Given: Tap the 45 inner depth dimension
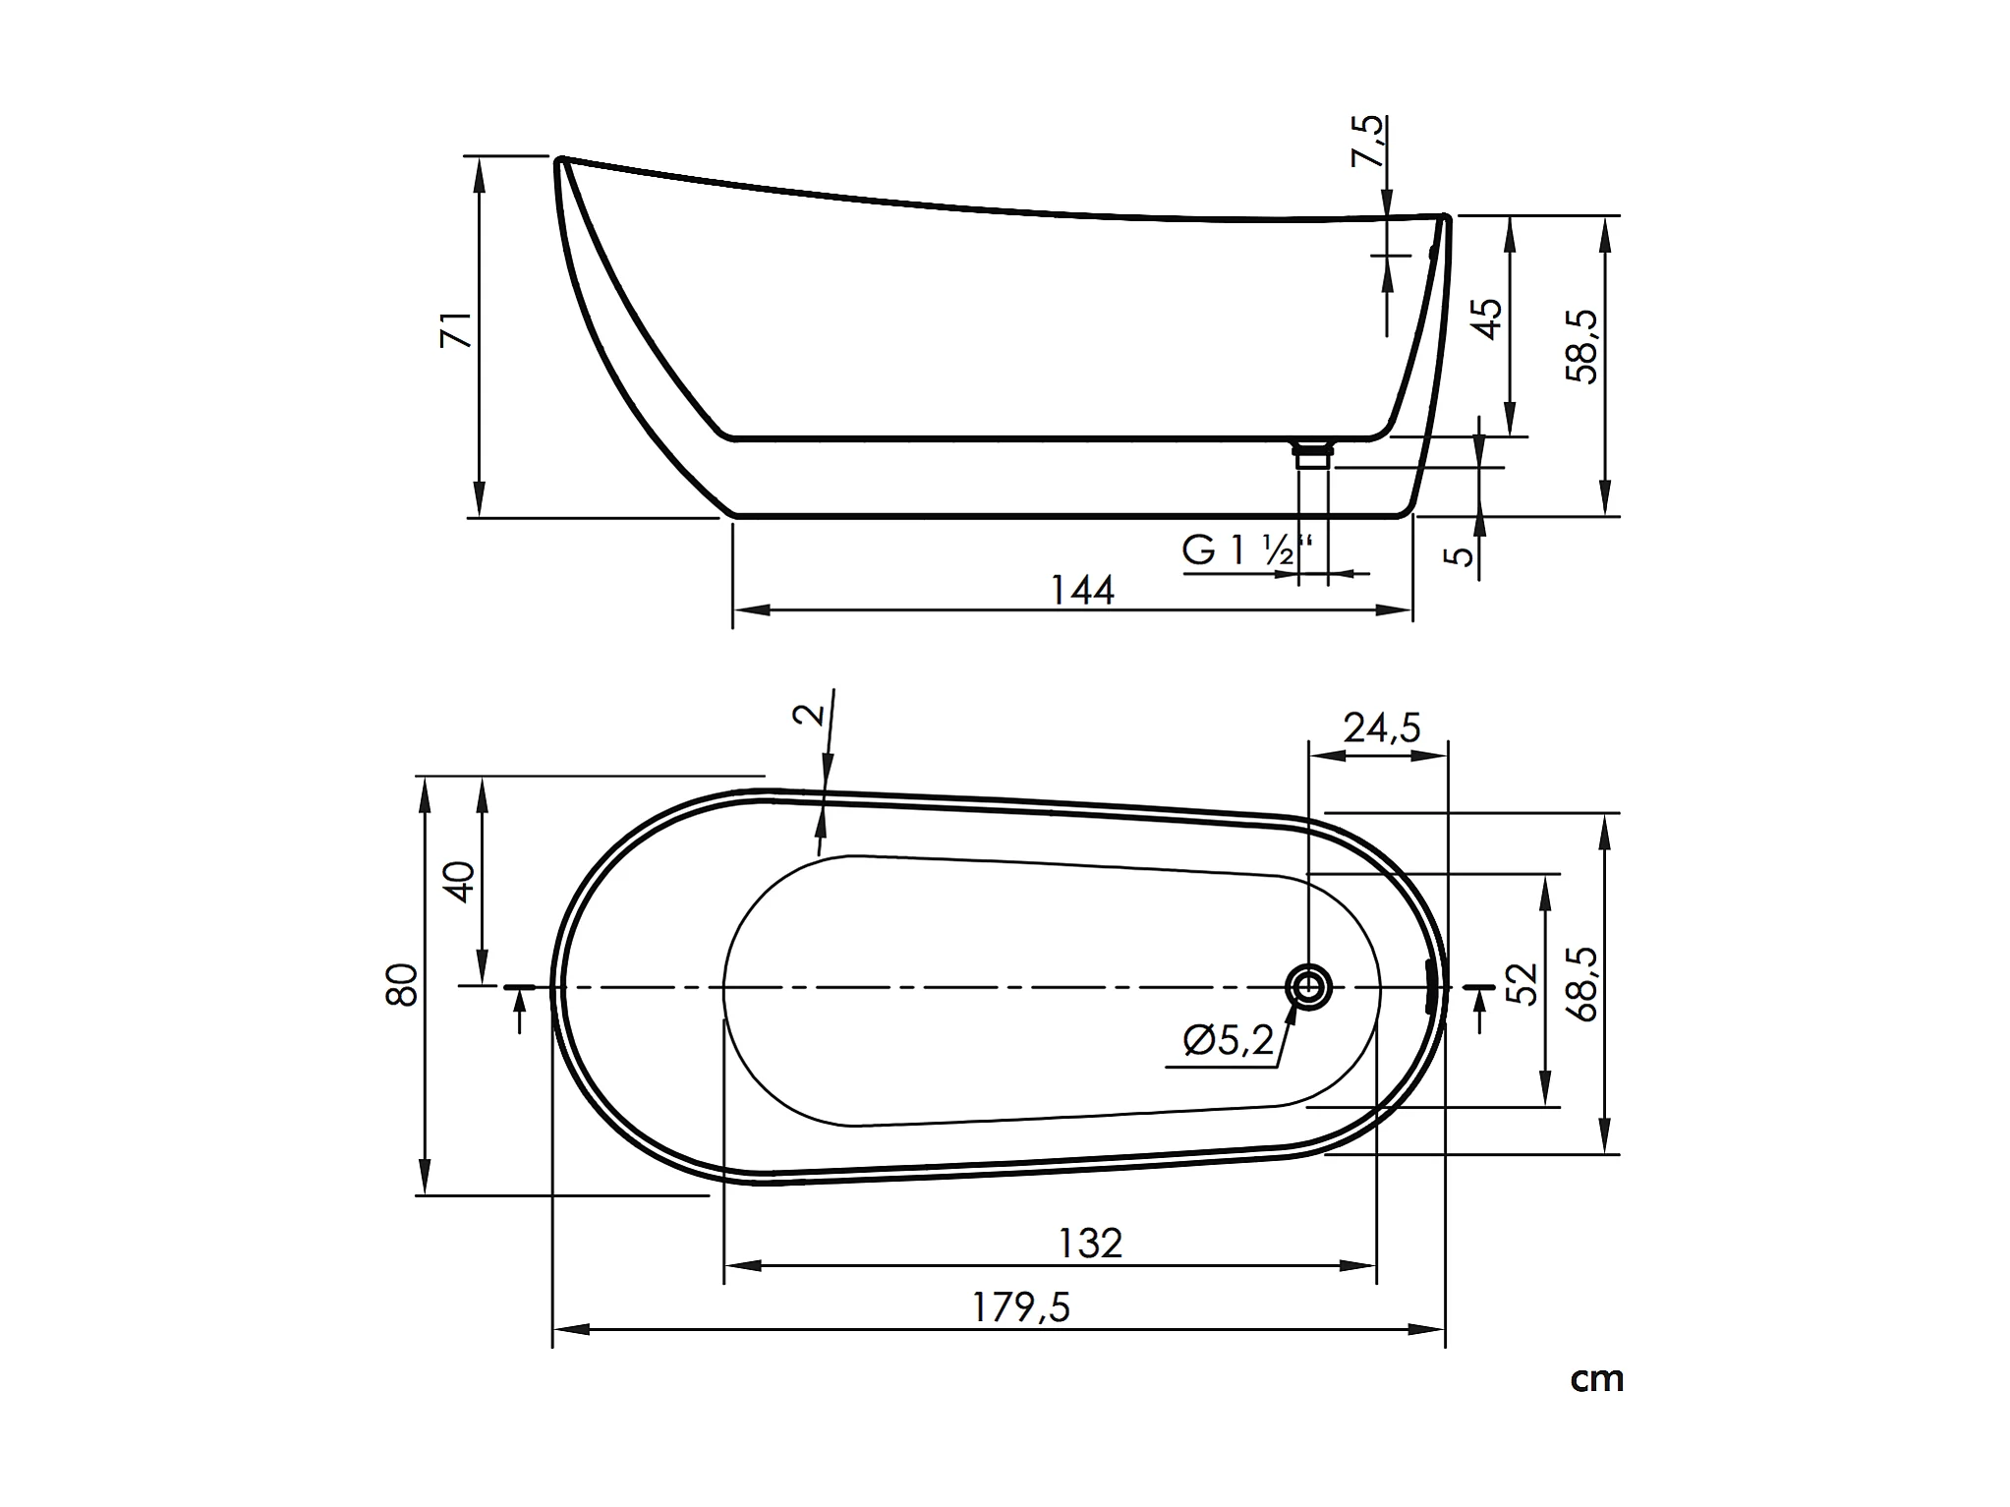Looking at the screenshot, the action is click(1488, 319).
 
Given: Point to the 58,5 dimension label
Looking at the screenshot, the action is click(1582, 346).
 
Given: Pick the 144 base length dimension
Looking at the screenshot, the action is click(1082, 590).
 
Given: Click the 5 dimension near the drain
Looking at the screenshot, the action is click(1463, 555).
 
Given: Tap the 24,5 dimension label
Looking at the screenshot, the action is click(1382, 728).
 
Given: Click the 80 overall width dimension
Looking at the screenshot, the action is click(403, 985).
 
